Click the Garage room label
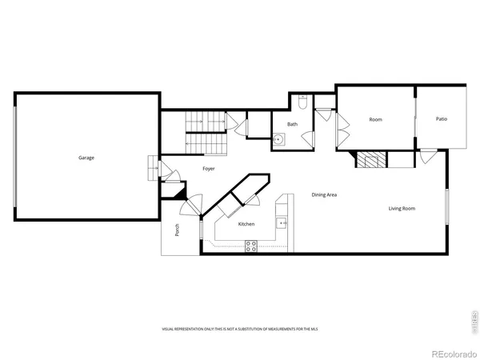coord(86,158)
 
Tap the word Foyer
coord(208,169)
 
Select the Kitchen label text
coord(246,224)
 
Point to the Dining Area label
coord(324,195)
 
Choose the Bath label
coord(293,124)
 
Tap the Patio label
coord(442,119)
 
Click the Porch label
coord(177,230)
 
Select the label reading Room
coord(375,119)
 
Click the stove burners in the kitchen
coord(250,247)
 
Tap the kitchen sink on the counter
coord(282,223)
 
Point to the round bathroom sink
coord(277,139)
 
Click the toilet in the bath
coord(302,101)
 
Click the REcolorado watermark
coord(453,353)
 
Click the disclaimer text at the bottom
coord(239,329)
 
